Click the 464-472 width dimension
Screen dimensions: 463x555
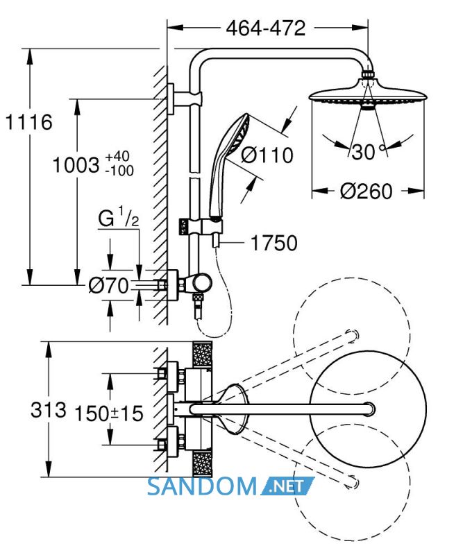coord(266,28)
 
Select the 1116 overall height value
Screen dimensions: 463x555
coord(29,122)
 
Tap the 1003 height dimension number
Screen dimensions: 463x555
coord(76,165)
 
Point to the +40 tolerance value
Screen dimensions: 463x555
coord(117,156)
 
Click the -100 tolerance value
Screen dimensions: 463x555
coord(119,171)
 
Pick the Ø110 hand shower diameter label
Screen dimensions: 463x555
coord(267,155)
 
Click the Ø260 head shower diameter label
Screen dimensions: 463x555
coord(367,191)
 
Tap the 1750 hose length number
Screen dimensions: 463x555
coord(273,244)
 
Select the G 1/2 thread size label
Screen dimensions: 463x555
coord(118,218)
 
